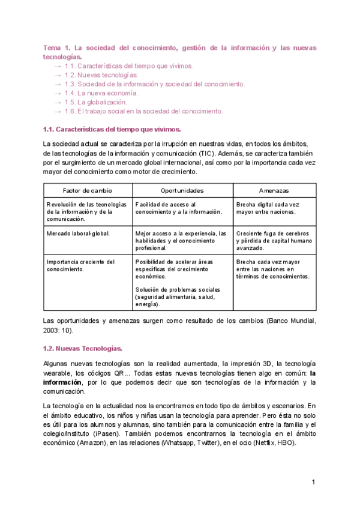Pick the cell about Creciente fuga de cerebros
click(x=273, y=240)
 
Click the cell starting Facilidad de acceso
click(x=179, y=208)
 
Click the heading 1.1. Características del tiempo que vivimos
click(x=112, y=129)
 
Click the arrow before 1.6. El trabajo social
click(x=57, y=111)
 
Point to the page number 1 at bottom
click(x=313, y=483)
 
